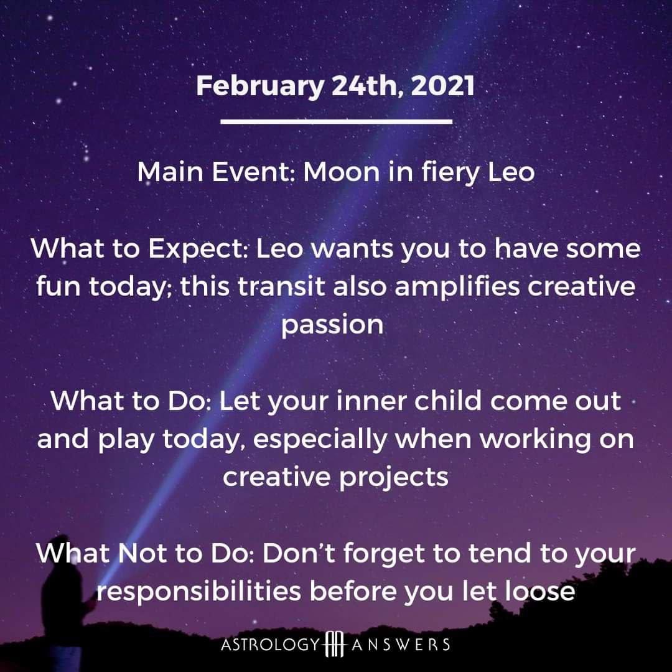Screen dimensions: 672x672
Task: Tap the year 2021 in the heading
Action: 442,85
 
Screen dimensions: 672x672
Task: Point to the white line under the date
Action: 337,122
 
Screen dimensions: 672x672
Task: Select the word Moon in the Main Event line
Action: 342,172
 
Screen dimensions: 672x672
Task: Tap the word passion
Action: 332,325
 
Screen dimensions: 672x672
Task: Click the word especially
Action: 320,440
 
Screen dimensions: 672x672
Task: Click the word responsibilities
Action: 198,592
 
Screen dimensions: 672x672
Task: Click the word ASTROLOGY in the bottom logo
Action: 271,645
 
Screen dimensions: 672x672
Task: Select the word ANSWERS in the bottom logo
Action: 400,645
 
